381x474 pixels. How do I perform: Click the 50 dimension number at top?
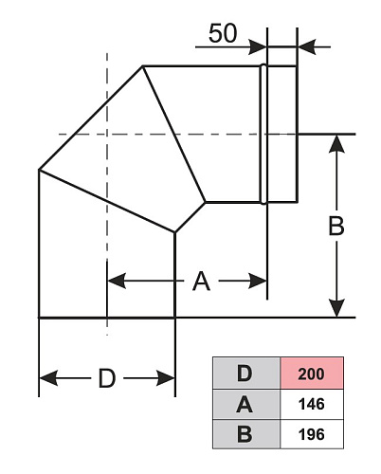point(223,33)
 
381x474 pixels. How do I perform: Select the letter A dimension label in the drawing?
point(201,281)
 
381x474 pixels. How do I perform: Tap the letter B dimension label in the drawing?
point(336,226)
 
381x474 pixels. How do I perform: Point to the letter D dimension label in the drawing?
point(107,378)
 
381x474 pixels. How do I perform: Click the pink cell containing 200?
point(312,374)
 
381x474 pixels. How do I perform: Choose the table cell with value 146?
point(312,404)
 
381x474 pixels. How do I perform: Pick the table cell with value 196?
point(312,434)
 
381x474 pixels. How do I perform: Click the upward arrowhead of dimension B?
point(336,144)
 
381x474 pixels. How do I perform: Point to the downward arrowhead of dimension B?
point(336,307)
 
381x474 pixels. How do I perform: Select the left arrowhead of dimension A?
point(117,281)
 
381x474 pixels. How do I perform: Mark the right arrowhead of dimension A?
point(258,281)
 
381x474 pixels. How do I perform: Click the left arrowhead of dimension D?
point(48,378)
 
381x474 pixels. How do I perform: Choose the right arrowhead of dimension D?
point(166,378)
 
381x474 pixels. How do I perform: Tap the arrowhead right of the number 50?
point(258,47)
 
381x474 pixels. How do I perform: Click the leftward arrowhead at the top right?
point(306,47)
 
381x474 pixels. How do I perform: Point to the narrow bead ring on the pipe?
point(263,134)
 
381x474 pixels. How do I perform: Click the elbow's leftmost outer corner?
point(39,170)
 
